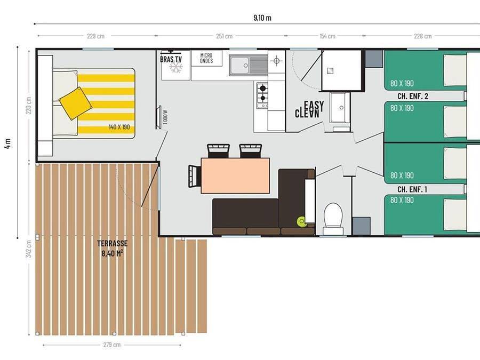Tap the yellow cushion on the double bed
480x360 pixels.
75,103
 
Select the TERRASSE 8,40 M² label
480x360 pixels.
112,248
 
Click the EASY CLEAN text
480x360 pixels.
308,109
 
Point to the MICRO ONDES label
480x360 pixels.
206,58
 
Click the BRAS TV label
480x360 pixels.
171,59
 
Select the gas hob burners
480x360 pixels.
262,95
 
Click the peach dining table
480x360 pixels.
235,175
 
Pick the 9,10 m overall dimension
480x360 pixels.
262,18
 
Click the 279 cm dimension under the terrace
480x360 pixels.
111,345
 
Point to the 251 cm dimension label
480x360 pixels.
225,36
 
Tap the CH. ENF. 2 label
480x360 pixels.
413,97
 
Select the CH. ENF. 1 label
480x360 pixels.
412,189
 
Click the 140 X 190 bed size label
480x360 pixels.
119,127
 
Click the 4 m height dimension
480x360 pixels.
7,143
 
